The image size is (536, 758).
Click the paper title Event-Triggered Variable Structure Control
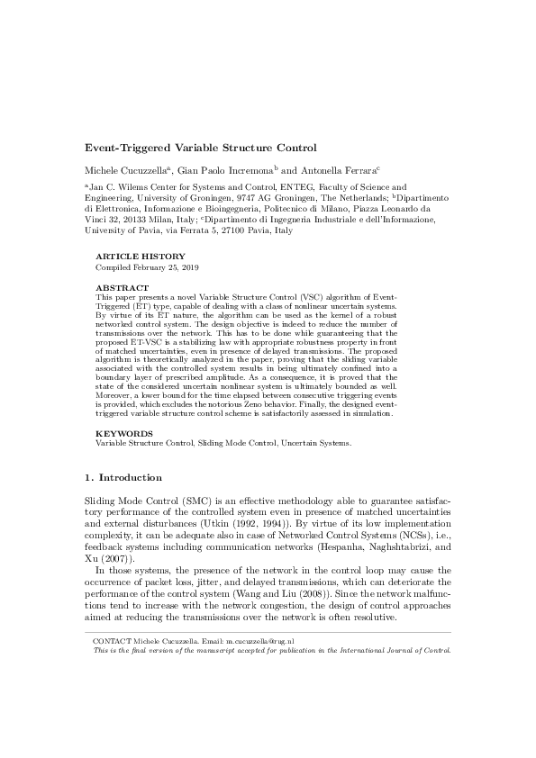[200, 147]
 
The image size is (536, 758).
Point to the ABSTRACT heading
[121, 287]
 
